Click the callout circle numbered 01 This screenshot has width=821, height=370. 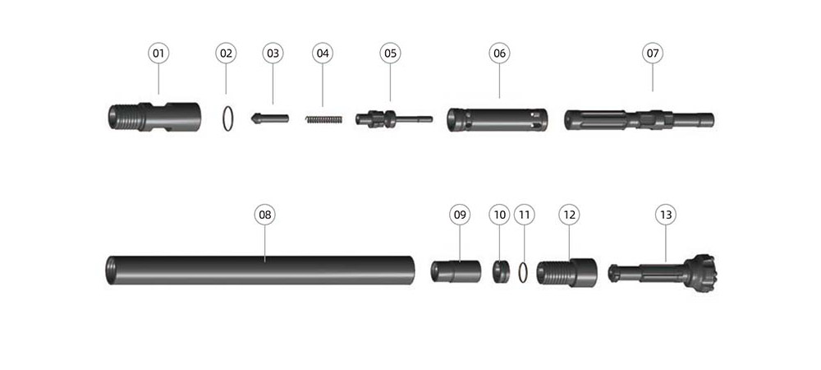point(158,53)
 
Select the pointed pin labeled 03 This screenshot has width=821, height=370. point(269,118)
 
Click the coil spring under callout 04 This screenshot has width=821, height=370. point(323,119)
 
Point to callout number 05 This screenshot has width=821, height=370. point(390,53)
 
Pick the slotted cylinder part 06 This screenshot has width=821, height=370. point(498,120)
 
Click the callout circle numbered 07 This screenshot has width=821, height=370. point(653,53)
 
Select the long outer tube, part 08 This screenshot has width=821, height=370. point(260,271)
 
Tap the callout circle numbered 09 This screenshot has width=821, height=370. point(460,215)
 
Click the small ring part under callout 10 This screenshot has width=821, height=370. point(501,271)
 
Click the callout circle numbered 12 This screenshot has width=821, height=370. point(569,215)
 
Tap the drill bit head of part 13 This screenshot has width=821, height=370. point(699,272)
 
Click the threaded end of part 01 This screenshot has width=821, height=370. point(126,118)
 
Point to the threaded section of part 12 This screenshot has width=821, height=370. point(554,272)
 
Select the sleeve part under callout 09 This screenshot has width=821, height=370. point(456,271)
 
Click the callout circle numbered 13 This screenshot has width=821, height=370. point(666,215)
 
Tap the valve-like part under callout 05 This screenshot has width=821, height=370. point(394,119)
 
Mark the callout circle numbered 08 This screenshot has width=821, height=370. point(265,215)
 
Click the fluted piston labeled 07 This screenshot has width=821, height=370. point(639,120)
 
